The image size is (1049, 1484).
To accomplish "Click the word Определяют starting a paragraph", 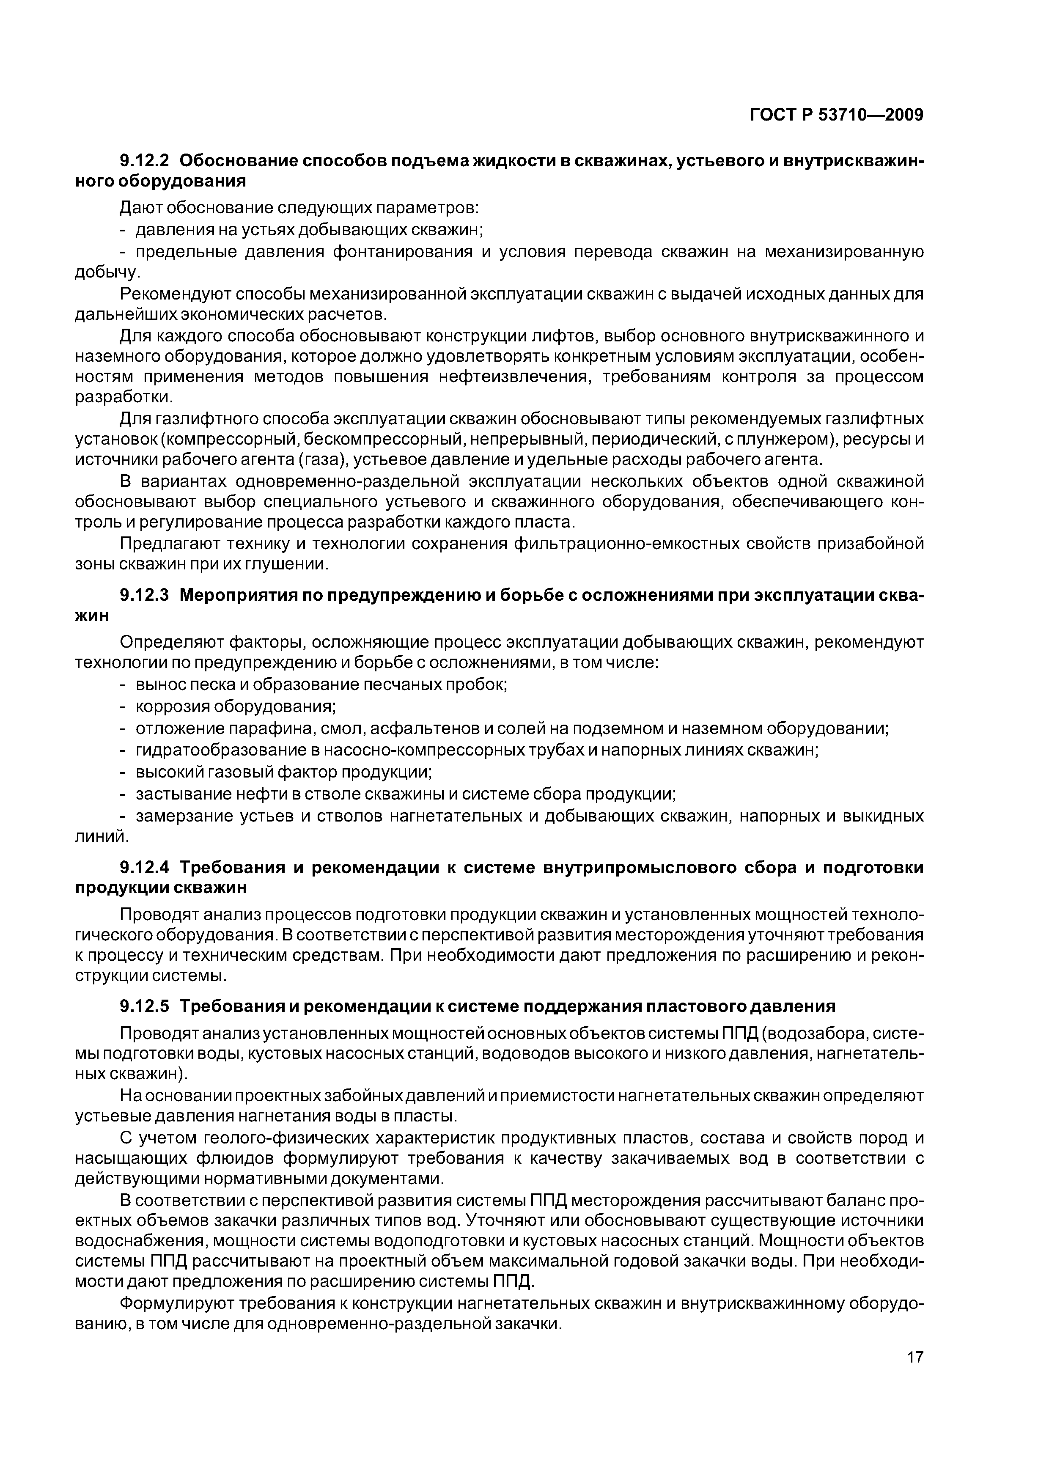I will click(171, 643).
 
